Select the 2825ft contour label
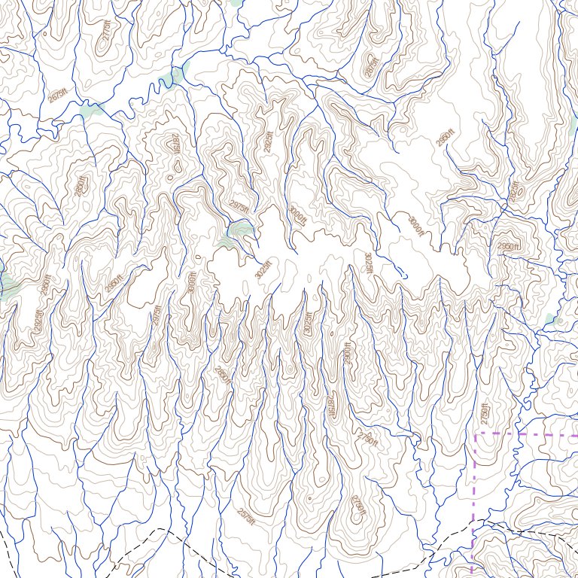coord(515,191)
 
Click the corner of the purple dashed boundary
coord(476,434)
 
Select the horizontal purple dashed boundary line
coord(527,434)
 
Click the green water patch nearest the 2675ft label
coord(90,110)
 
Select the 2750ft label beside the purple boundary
coord(485,415)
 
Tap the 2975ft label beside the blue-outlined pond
coord(238,205)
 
